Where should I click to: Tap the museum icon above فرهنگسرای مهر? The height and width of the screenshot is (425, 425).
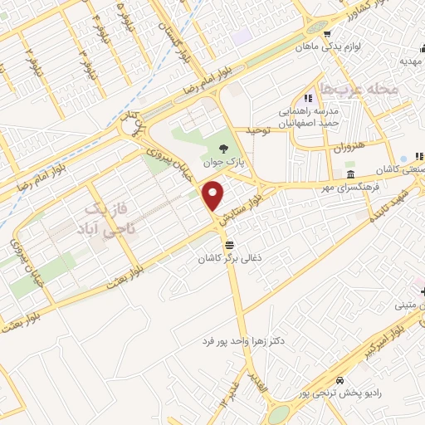click(x=352, y=175)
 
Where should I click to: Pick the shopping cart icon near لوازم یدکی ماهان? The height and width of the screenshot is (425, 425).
click(x=328, y=34)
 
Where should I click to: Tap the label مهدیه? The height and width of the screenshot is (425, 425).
click(x=412, y=61)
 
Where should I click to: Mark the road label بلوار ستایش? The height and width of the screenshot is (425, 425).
click(x=248, y=203)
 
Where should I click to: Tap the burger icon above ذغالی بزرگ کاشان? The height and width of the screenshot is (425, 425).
click(x=229, y=244)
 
